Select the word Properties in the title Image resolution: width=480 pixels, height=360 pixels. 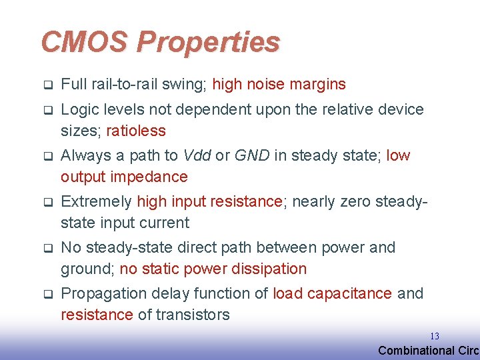(208, 43)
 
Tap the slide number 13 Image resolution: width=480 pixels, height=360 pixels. (435, 336)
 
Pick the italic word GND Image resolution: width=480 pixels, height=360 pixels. (252, 155)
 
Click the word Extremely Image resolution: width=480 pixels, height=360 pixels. (96, 202)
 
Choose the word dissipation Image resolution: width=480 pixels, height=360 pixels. (269, 269)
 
